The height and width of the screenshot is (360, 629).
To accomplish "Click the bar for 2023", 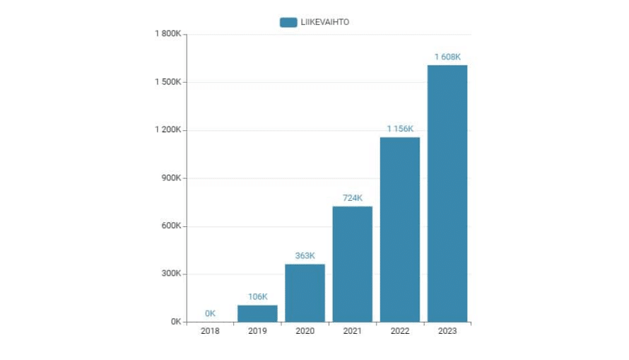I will tap(447, 193).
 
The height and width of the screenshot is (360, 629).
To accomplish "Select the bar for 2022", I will tap(400, 229).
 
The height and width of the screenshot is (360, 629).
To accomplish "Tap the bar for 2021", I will tap(352, 264).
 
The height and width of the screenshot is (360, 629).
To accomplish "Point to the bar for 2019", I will tap(257, 313).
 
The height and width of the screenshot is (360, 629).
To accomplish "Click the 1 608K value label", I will tap(447, 57).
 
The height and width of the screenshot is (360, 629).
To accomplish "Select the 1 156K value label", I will tap(400, 129).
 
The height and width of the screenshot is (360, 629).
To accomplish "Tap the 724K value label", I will tap(352, 198).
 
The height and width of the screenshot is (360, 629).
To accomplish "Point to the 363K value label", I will tap(305, 256).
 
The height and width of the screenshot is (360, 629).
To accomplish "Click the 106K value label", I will tap(257, 296).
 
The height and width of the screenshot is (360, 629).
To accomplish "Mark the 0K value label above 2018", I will tap(210, 313).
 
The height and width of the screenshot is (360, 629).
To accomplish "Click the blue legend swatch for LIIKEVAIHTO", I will tap(288, 22).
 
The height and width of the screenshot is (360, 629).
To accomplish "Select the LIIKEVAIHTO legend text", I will tap(325, 22).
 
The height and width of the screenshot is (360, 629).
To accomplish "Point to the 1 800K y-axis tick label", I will tap(168, 34).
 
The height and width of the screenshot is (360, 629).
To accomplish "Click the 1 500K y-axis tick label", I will tap(168, 82).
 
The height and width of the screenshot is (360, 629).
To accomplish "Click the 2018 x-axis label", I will tap(210, 331).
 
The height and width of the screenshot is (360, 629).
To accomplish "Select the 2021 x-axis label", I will tap(352, 331).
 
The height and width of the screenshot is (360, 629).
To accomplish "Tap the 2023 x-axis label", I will tap(447, 331).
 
